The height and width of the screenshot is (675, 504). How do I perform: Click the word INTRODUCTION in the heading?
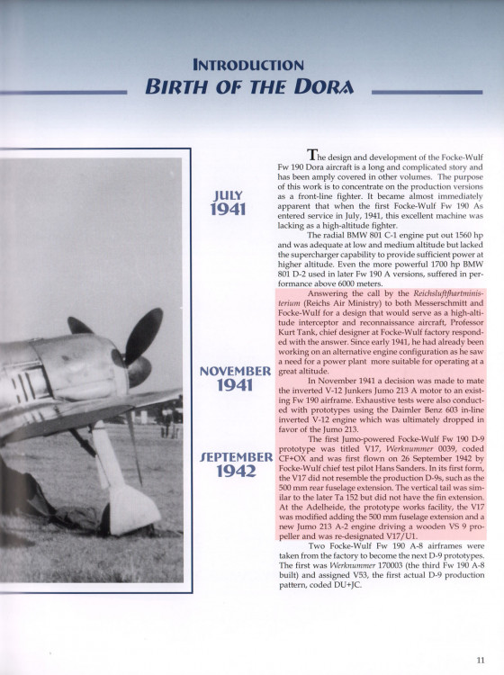247,65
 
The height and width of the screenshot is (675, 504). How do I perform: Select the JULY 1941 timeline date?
229,202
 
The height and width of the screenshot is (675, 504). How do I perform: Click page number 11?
481,659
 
